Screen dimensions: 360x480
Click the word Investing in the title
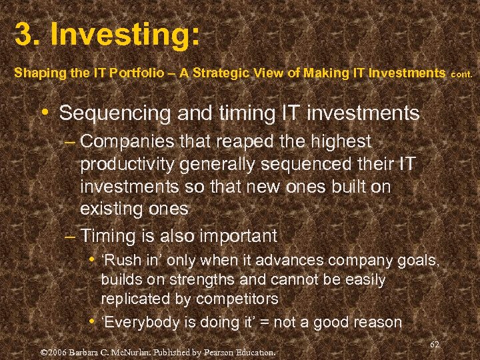coord(123,35)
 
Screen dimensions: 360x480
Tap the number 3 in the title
coord(24,35)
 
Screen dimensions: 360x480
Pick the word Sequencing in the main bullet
coord(115,113)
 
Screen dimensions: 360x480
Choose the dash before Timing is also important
coord(71,236)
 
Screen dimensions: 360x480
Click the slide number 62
coord(434,344)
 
